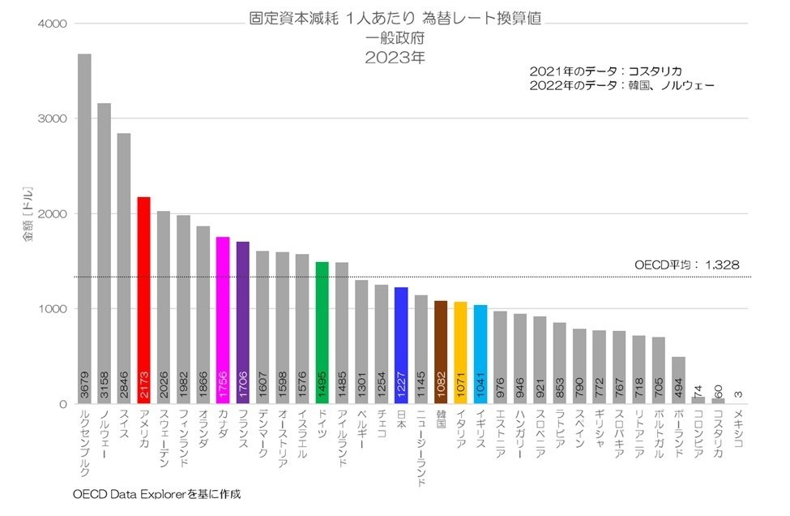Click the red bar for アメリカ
[x=143, y=300]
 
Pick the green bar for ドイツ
[x=322, y=333]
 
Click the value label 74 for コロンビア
[x=698, y=391]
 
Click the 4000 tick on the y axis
[x=50, y=24]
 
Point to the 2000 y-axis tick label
[x=50, y=213]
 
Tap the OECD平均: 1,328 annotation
[x=686, y=264]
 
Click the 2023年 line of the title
[x=395, y=58]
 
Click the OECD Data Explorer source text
[x=157, y=493]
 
